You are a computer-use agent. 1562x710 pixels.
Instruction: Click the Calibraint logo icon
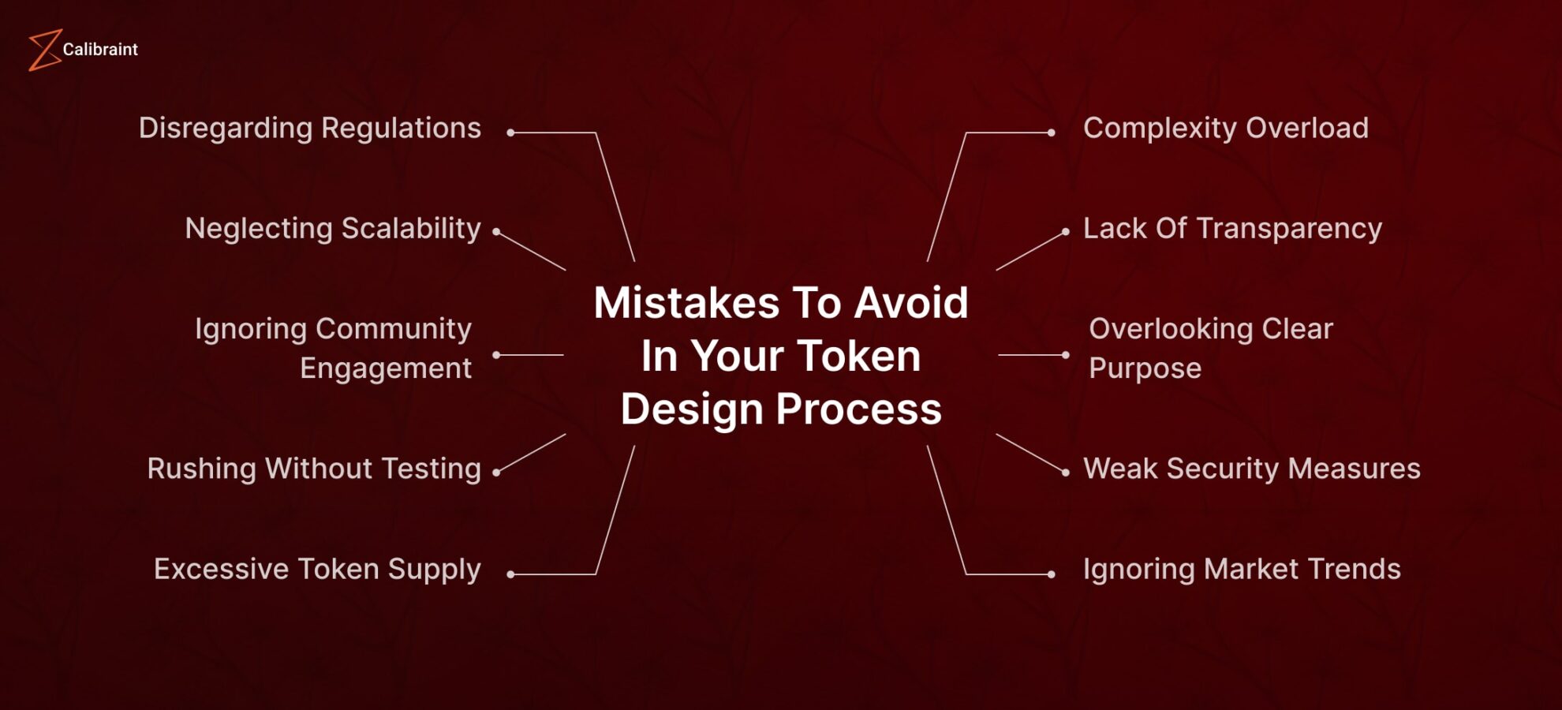(44, 50)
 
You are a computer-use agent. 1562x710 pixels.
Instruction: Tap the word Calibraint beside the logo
(100, 50)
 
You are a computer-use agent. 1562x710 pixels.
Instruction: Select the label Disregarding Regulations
(309, 128)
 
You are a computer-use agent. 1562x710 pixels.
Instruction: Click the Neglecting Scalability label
(332, 229)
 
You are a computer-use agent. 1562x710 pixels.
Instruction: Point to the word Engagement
(385, 368)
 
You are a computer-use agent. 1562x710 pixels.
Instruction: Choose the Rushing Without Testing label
(314, 469)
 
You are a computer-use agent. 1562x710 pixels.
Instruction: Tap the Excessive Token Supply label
(317, 569)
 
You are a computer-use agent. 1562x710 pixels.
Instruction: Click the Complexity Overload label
(1225, 128)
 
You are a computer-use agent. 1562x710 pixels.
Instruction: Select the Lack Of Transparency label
(1232, 229)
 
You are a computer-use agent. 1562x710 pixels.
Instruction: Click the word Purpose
(1145, 368)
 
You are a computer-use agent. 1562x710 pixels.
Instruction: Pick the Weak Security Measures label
(1251, 469)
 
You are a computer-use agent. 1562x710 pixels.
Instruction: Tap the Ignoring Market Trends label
(1242, 569)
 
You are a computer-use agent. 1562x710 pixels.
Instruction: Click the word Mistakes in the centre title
(686, 303)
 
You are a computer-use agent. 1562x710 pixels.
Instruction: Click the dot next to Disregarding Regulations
(510, 133)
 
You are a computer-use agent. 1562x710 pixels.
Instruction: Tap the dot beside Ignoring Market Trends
(1051, 574)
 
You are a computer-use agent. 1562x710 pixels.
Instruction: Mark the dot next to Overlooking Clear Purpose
(1066, 355)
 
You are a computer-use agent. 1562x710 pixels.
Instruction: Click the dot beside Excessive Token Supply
(510, 574)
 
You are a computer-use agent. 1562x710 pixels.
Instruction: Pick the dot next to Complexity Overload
(1051, 133)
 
